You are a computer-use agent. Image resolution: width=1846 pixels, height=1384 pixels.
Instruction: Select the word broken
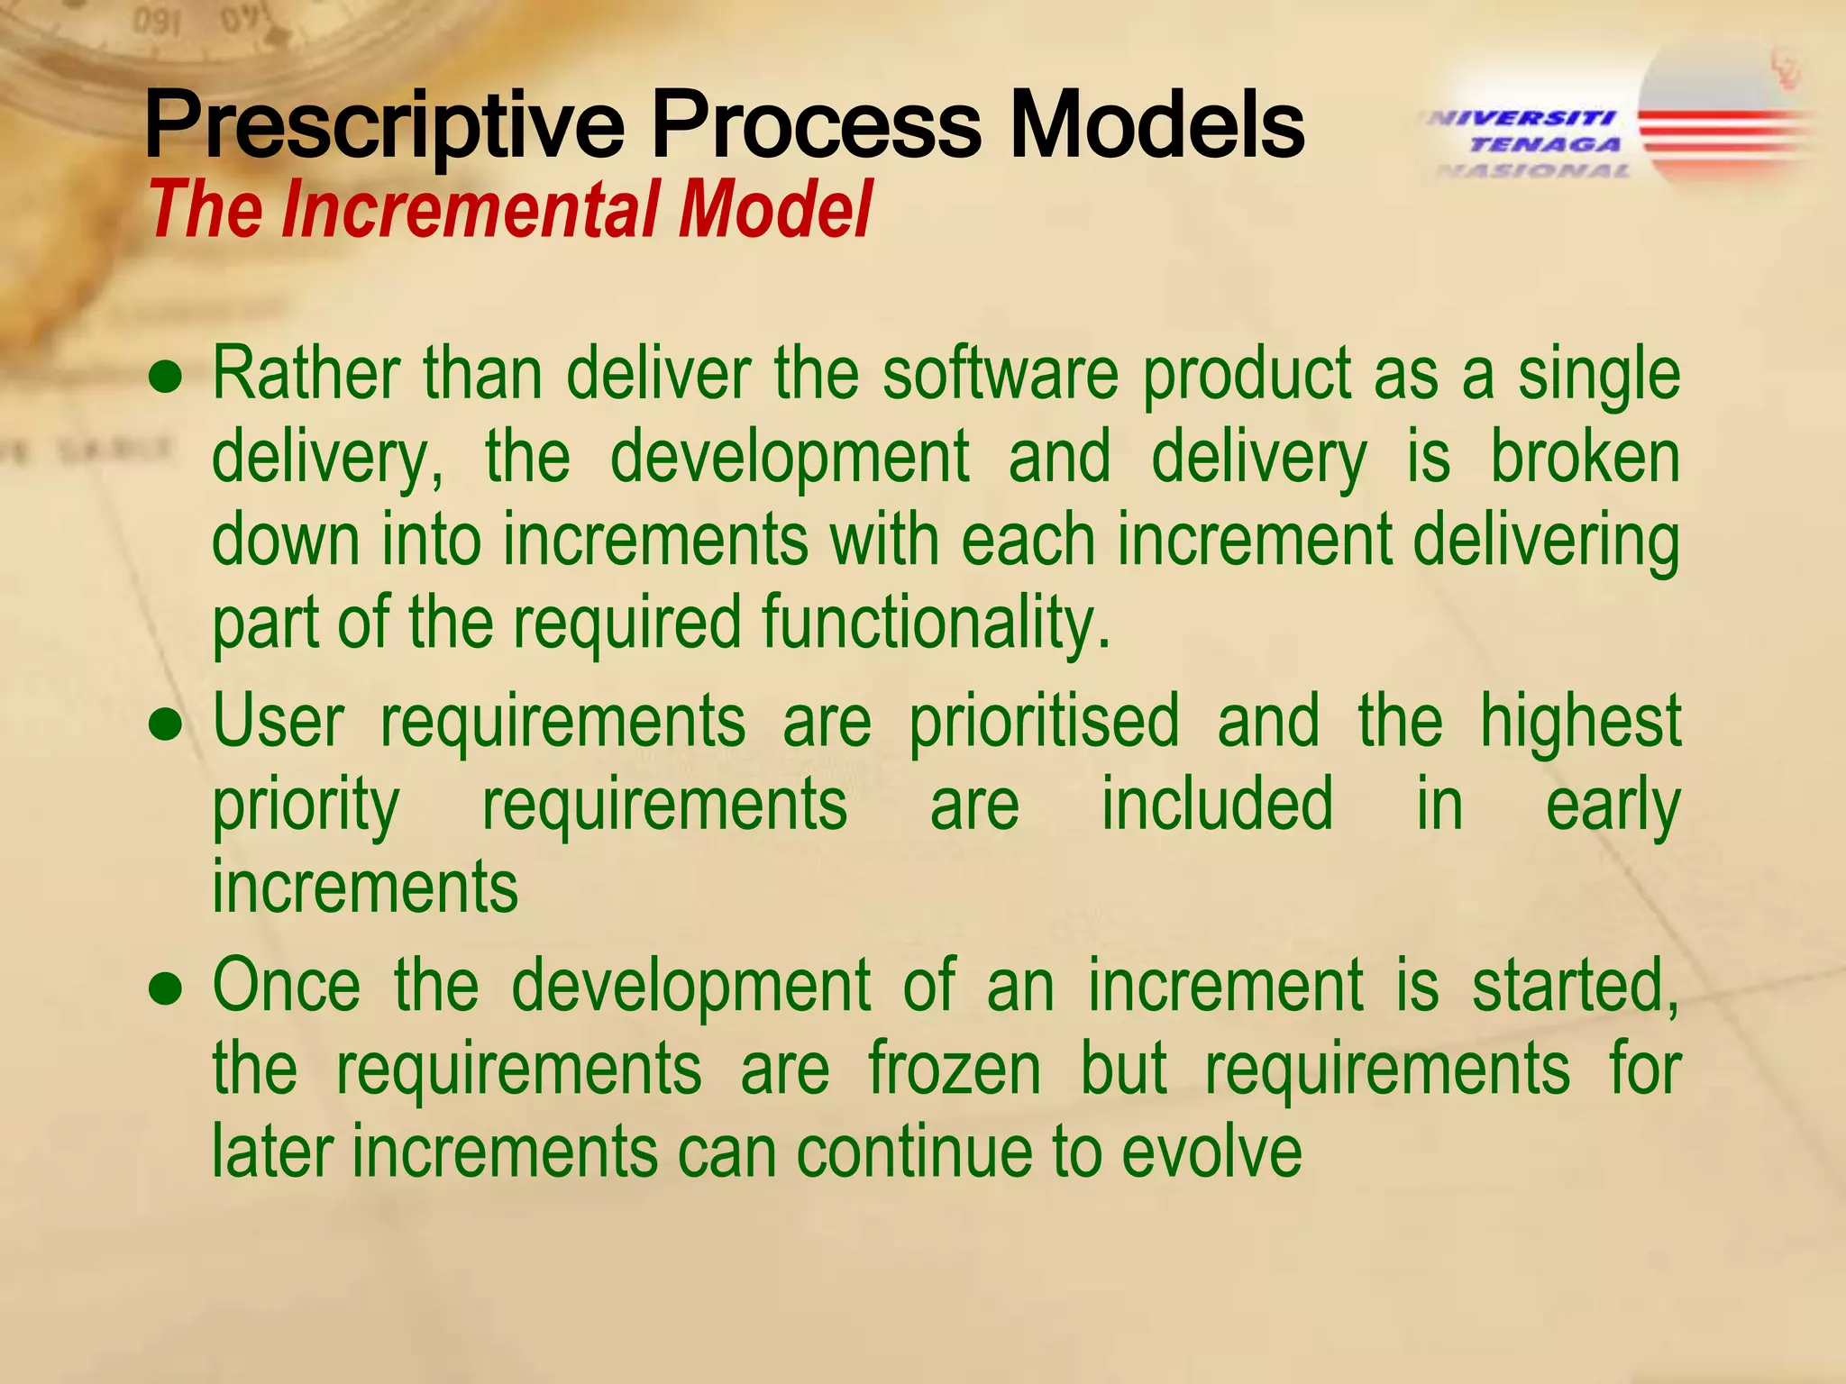1585,458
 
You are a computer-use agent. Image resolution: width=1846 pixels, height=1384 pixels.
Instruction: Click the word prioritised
1044,721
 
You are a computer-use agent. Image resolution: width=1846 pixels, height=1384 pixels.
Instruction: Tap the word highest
1580,721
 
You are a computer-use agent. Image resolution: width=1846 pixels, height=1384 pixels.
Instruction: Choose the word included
1217,804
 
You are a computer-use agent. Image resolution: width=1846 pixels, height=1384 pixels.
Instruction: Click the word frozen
955,1069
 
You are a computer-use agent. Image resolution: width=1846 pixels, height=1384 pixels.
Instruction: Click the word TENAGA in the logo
1545,144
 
